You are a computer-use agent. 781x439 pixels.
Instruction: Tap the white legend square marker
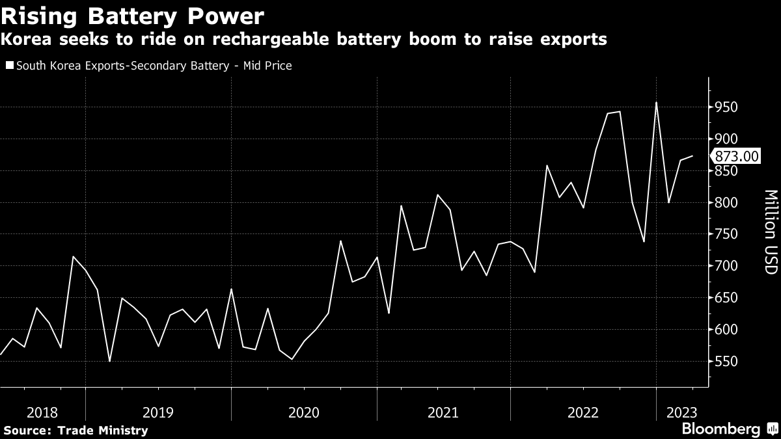coord(8,66)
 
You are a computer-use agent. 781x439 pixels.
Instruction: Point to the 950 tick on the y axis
coord(725,107)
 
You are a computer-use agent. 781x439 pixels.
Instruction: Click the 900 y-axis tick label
coord(725,139)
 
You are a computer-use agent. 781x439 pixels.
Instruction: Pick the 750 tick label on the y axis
coord(725,234)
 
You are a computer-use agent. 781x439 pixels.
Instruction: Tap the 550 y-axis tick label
coord(725,362)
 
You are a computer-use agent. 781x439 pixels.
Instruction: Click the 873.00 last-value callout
coord(736,156)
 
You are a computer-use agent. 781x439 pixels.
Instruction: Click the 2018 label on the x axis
coord(42,412)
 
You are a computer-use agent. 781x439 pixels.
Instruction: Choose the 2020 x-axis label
coord(303,412)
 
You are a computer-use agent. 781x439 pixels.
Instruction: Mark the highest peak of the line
coord(656,103)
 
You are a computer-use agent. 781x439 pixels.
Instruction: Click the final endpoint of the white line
coord(692,156)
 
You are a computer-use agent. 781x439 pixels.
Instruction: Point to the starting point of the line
coord(1,354)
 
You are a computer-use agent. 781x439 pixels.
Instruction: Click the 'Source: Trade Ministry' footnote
coord(75,430)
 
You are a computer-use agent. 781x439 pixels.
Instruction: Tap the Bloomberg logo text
coord(720,429)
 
